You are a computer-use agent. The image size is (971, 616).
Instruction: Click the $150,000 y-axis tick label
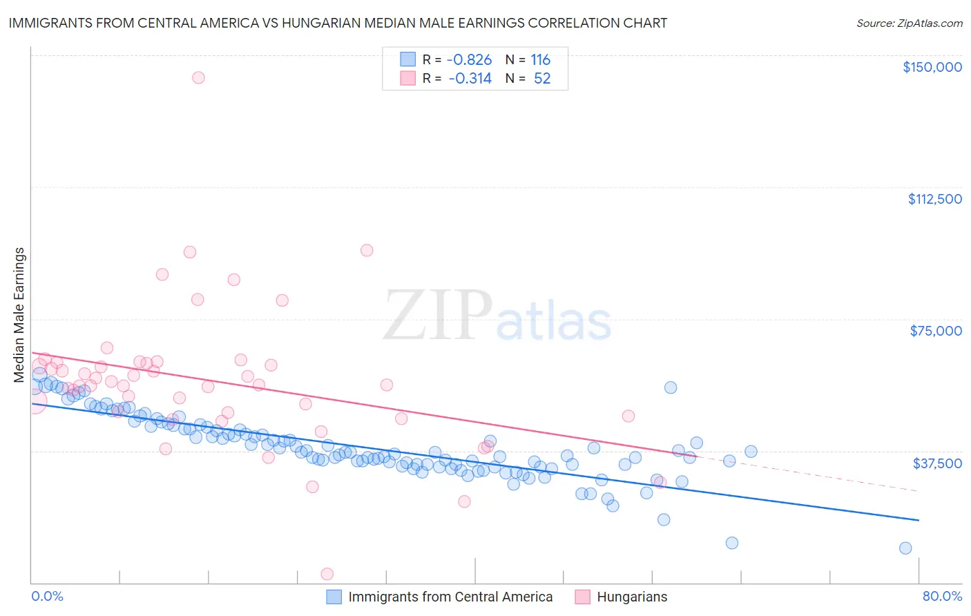tap(932, 67)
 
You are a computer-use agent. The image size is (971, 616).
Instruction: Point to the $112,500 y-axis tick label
tap(934, 199)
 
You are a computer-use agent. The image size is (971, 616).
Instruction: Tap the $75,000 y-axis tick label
tap(936, 331)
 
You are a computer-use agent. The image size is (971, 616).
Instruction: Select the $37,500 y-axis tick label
tap(937, 463)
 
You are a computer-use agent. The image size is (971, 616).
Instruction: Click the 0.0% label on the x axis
tap(47, 596)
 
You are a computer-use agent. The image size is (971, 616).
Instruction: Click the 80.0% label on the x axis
tap(942, 596)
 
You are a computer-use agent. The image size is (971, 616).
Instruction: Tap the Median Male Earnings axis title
tap(19, 314)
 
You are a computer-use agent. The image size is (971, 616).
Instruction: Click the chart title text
tap(338, 23)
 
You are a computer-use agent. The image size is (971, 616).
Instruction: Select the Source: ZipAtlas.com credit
tap(909, 23)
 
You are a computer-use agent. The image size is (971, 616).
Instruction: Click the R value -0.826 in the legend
tap(470, 59)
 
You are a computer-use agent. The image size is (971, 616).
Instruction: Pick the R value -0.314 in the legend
tap(470, 78)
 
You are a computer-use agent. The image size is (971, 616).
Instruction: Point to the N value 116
tap(540, 59)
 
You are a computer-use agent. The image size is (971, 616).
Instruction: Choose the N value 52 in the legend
tap(542, 78)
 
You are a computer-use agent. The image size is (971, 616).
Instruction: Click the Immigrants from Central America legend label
tap(450, 597)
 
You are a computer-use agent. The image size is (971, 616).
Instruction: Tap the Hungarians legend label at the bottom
tap(632, 597)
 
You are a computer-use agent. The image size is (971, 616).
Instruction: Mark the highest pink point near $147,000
tap(198, 77)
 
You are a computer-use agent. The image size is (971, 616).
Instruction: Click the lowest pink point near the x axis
tap(327, 574)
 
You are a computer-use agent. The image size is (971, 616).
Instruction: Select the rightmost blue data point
tap(905, 548)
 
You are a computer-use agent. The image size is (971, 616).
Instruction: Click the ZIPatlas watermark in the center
tap(497, 316)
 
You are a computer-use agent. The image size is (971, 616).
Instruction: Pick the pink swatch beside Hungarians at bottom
tap(582, 597)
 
